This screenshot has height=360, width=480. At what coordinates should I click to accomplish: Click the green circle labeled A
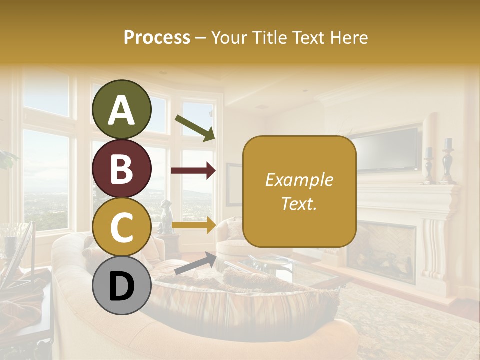[121, 109]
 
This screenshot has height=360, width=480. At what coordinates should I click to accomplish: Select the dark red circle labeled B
[121, 169]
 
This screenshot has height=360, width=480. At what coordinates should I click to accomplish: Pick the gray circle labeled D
[121, 285]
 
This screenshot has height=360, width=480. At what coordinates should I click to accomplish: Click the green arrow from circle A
[195, 128]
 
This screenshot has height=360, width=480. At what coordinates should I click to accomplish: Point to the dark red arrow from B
[193, 171]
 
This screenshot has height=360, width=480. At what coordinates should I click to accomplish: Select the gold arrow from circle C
[193, 225]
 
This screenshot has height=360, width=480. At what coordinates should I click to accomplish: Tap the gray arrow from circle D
[195, 263]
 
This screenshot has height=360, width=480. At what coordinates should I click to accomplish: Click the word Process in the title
[157, 37]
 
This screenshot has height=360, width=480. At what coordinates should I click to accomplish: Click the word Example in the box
[299, 180]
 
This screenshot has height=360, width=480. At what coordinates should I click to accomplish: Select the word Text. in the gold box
[299, 203]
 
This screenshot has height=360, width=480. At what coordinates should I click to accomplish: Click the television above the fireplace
[387, 149]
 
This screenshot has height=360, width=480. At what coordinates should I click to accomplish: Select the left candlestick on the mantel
[429, 165]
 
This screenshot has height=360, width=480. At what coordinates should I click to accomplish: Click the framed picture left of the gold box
[233, 184]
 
